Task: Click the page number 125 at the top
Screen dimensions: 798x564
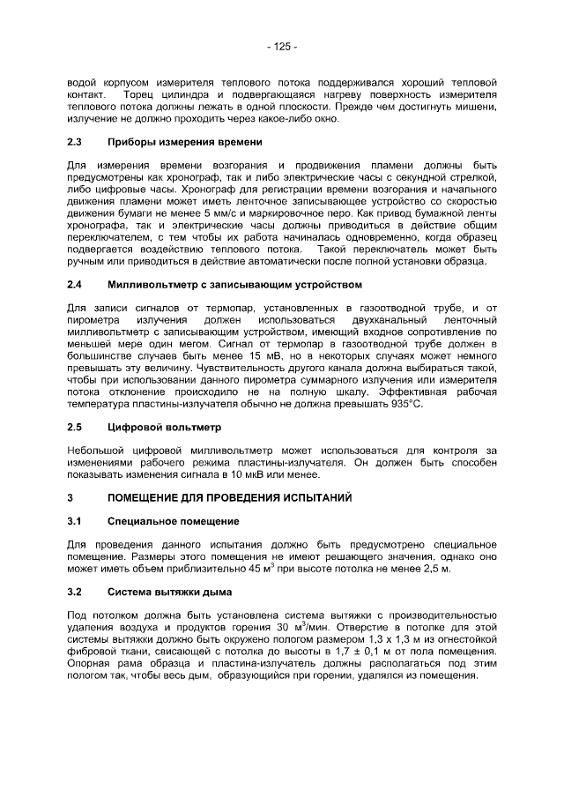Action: tap(282, 46)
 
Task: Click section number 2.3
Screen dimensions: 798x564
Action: tap(75, 141)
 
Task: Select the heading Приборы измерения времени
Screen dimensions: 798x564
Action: tap(184, 141)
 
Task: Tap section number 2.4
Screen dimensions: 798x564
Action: tap(75, 285)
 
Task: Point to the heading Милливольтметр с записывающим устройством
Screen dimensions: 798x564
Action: tap(234, 285)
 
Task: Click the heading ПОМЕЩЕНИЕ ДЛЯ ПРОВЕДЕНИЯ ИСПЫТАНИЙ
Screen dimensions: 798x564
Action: tap(229, 498)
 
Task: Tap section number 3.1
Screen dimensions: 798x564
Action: tap(75, 522)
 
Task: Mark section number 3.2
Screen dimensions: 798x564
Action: tap(75, 591)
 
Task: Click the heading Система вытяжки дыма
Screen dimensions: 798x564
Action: tap(169, 591)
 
